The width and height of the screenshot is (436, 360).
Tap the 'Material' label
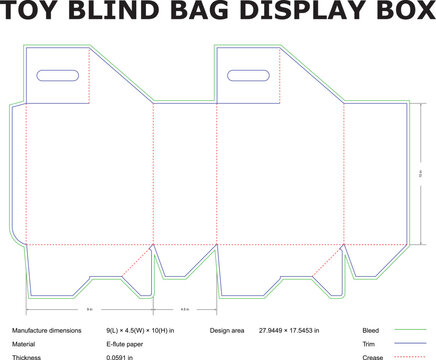tap(25, 342)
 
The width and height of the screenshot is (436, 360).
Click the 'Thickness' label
tap(28, 355)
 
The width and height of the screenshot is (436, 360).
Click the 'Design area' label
tap(229, 329)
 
